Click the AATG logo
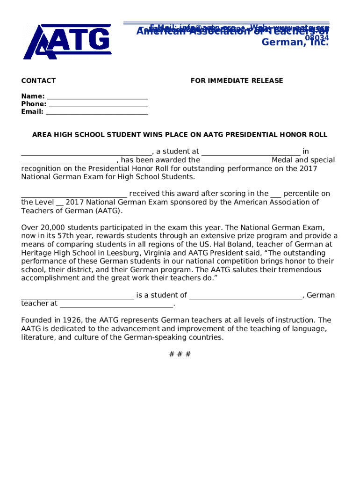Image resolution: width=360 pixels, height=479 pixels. tap(67, 42)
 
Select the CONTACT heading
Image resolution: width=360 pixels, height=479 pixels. tap(38, 81)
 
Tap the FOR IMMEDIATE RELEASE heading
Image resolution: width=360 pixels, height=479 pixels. tap(237, 81)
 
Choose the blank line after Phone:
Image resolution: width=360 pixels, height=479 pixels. tap(98, 104)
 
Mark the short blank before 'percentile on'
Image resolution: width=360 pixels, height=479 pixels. tap(276, 194)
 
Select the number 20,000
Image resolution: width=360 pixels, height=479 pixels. tap(50, 228)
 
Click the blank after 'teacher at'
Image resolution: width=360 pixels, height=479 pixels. tap(116, 304)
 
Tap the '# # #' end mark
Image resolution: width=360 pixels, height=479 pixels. tap(180, 354)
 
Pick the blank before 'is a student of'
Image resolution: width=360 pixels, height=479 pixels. tap(78, 296)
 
